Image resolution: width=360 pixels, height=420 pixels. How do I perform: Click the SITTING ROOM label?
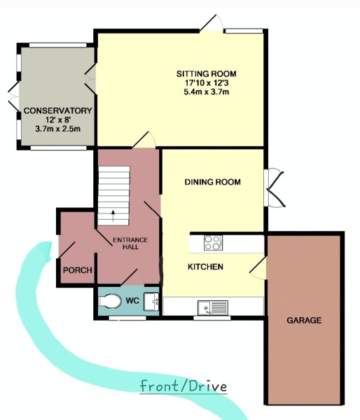click(x=207, y=73)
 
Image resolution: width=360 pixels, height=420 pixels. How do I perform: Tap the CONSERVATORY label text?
click(x=58, y=111)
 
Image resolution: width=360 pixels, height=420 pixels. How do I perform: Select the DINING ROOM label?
click(x=213, y=182)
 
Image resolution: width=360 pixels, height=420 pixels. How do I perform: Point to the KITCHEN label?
click(x=205, y=267)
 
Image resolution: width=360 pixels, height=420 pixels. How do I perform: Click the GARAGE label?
click(x=304, y=321)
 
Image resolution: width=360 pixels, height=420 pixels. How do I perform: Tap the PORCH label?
click(x=78, y=270)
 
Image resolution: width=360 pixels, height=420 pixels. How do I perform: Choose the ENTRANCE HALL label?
click(x=130, y=243)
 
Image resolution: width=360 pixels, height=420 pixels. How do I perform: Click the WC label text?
click(x=132, y=300)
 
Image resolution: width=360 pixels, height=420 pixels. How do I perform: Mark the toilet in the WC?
click(x=110, y=301)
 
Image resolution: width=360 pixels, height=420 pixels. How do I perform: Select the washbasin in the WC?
click(x=151, y=302)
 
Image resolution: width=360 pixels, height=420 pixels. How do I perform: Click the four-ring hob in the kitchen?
click(x=213, y=243)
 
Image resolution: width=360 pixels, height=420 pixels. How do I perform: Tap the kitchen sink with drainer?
click(x=213, y=307)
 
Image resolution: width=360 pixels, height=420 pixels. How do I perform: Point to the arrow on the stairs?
click(x=113, y=216)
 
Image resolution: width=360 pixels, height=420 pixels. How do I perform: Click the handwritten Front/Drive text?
click(x=184, y=386)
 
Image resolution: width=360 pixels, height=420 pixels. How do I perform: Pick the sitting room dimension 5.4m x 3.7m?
click(x=207, y=92)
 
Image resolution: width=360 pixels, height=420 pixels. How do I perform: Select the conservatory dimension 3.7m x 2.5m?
click(x=58, y=129)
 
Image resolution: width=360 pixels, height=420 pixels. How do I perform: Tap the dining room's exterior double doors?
click(x=274, y=188)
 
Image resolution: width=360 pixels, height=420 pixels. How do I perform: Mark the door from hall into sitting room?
click(x=144, y=139)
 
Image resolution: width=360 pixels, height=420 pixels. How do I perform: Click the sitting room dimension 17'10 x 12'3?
click(x=207, y=83)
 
